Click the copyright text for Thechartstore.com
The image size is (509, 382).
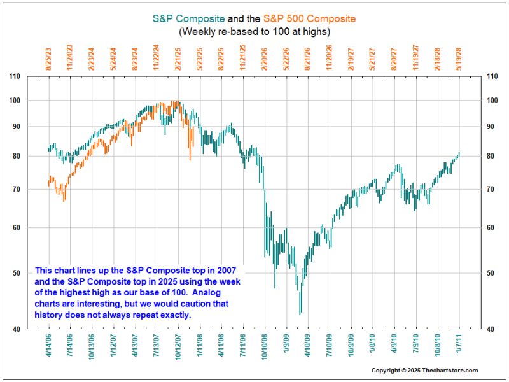coord(424,371)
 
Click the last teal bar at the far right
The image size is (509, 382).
coord(459,154)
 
